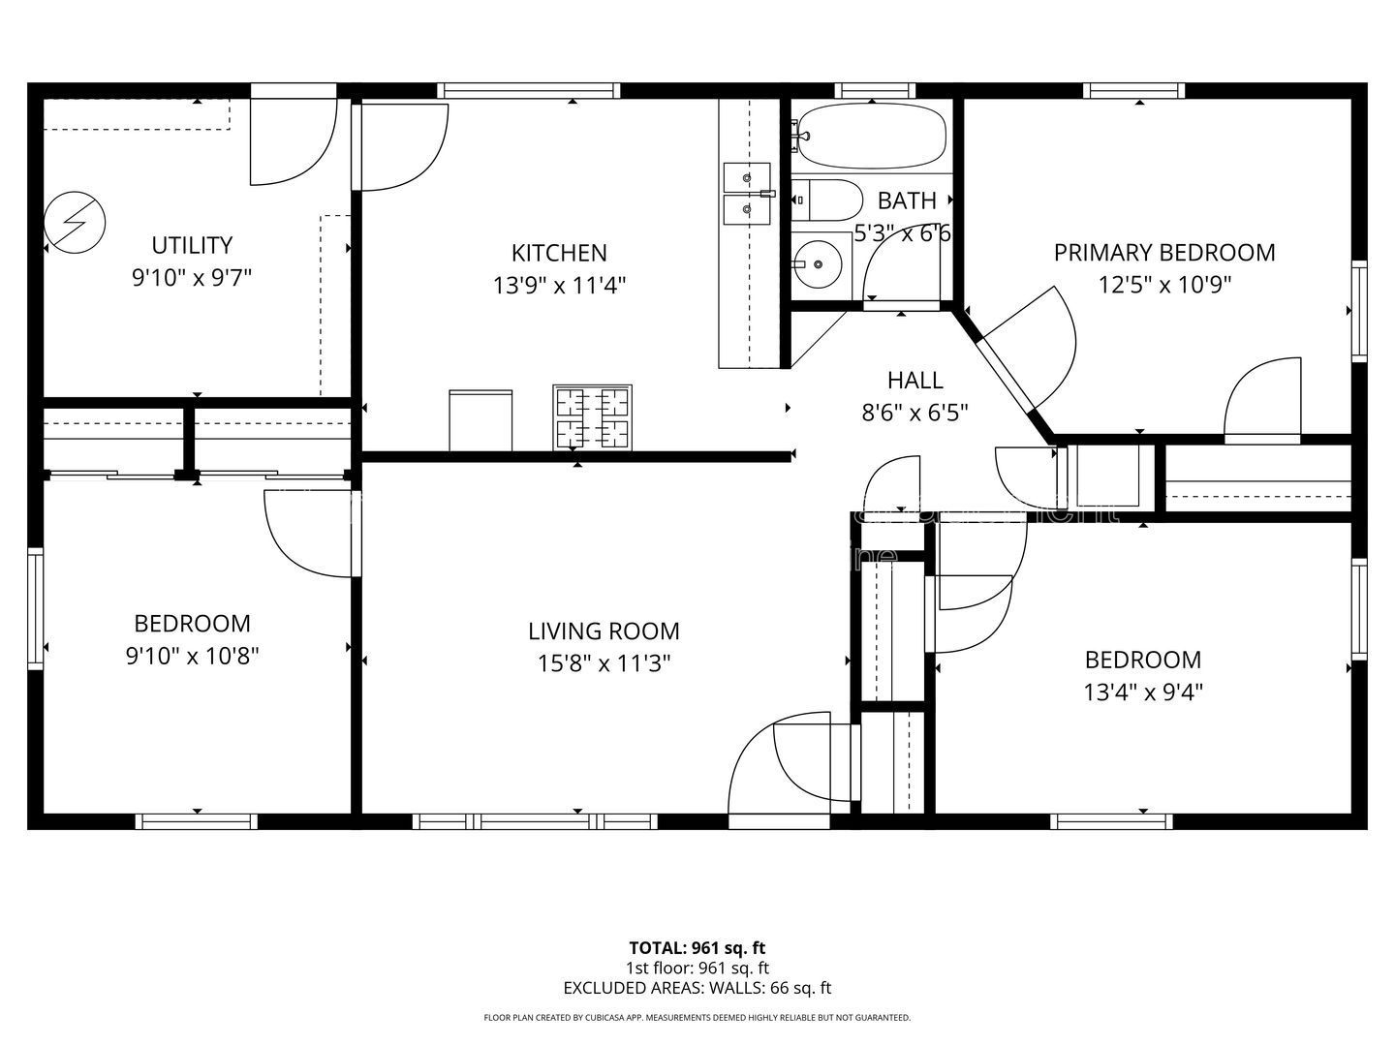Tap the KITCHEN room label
click(559, 253)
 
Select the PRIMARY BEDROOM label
click(1164, 253)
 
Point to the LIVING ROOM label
click(604, 631)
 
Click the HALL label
click(914, 381)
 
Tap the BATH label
click(907, 200)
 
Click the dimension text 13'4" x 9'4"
click(1143, 692)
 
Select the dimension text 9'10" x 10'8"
click(192, 657)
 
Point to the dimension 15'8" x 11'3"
click(604, 664)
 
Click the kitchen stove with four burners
click(592, 417)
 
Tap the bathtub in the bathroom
click(871, 136)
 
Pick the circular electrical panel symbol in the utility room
click(74, 221)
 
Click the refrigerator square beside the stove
click(480, 419)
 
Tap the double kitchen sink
click(747, 193)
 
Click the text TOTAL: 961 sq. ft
click(697, 948)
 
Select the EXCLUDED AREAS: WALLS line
click(697, 989)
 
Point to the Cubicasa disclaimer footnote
click(697, 1018)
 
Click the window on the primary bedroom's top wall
click(1133, 91)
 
